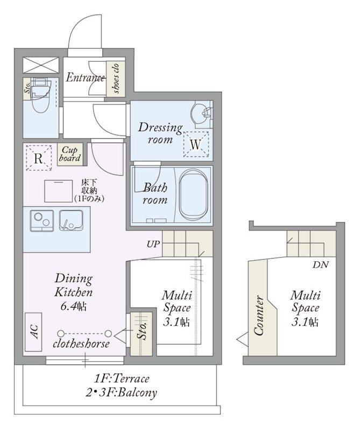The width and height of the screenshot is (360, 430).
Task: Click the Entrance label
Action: [85, 77]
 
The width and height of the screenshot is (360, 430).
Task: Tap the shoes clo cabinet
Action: [116, 78]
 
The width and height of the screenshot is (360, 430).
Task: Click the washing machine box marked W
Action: [196, 144]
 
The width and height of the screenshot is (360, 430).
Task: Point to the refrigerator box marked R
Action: [39, 158]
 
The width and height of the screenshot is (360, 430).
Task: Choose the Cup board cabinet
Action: [70, 155]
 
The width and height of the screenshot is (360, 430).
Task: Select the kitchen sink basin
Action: [71, 220]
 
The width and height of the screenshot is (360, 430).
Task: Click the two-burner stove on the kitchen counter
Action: [42, 220]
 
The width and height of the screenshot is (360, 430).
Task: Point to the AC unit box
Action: [33, 332]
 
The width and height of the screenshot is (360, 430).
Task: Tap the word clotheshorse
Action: [81, 343]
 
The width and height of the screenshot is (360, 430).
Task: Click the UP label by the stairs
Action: [153, 244]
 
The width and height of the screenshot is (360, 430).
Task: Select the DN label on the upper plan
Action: [321, 265]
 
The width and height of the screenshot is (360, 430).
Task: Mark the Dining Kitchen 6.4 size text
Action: [74, 292]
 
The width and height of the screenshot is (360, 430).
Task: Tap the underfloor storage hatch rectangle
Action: [59, 191]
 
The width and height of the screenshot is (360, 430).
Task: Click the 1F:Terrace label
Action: [122, 379]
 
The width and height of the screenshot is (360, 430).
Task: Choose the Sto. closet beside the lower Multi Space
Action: [141, 334]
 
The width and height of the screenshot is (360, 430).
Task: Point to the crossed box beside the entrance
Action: [41, 65]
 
